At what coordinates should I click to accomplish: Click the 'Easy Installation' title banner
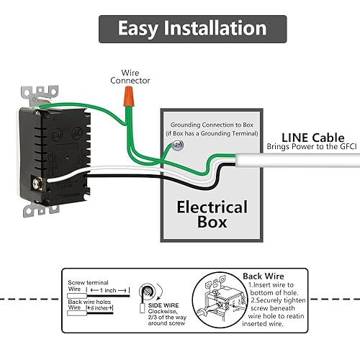tap(192, 29)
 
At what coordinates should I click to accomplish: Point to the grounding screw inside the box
tap(177, 146)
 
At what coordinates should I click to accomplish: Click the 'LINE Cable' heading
tap(312, 137)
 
